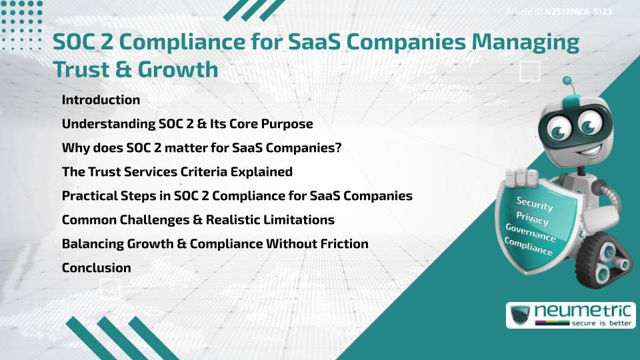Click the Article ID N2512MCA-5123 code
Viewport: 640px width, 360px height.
tap(578, 12)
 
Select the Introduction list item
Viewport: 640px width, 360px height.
tap(101, 100)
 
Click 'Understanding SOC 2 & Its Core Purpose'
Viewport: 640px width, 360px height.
tap(187, 124)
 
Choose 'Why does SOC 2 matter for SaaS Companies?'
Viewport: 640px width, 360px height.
tap(201, 148)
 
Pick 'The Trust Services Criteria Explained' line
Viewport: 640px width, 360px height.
tap(177, 172)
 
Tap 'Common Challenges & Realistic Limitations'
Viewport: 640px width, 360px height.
tap(198, 220)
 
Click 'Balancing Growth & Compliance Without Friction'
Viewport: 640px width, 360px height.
tap(215, 244)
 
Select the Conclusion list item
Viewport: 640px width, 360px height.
tap(96, 268)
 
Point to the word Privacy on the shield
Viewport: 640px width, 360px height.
tap(532, 219)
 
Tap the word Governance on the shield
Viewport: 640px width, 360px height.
tap(531, 233)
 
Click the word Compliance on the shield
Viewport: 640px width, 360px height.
tap(529, 247)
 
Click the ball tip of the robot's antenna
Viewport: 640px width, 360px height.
tap(567, 81)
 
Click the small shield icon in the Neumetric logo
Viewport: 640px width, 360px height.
tap(521, 315)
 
